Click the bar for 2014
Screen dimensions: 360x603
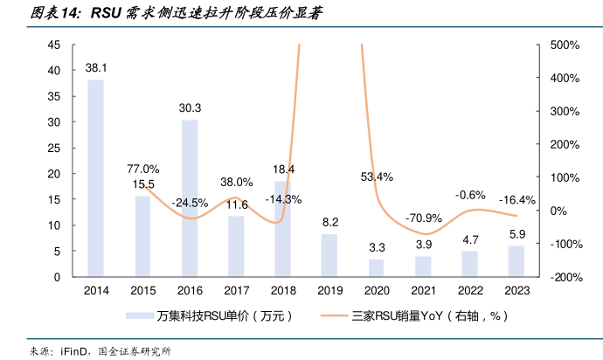[96, 178]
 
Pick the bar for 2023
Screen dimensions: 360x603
[516, 261]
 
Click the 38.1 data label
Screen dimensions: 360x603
[96, 67]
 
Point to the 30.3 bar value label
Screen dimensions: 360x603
[190, 108]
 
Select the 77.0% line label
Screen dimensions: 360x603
[143, 169]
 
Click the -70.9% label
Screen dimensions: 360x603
[422, 218]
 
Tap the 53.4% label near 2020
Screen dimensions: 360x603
[376, 177]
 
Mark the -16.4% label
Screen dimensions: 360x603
[516, 200]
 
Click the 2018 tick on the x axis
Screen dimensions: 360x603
[282, 289]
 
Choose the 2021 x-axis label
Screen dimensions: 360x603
[422, 289]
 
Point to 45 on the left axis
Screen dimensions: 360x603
[54, 45]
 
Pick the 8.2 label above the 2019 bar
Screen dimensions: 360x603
[329, 223]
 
